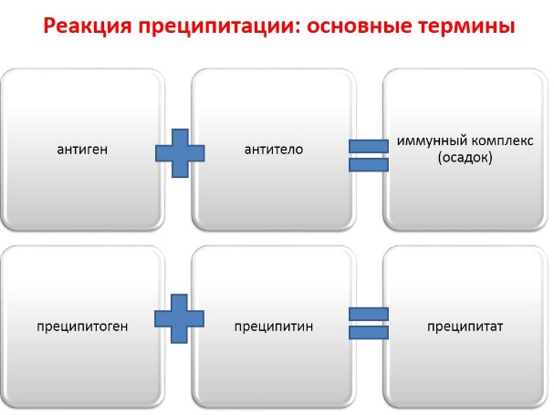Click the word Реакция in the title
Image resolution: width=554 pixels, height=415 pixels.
(x=88, y=26)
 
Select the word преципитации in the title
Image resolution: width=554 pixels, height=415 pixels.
(x=216, y=26)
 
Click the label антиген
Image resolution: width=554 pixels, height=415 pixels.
(x=82, y=150)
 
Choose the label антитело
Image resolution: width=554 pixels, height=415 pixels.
(x=274, y=150)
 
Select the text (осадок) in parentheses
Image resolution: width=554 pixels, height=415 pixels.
(x=465, y=158)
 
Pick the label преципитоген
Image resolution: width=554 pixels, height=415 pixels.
(x=82, y=327)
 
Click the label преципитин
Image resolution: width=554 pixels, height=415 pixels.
(x=274, y=327)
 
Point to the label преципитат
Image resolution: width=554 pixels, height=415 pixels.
(x=465, y=327)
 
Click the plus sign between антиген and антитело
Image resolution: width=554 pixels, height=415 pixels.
(x=180, y=153)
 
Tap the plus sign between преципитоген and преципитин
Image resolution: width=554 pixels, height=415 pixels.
(x=179, y=318)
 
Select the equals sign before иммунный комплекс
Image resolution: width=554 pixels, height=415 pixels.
(x=369, y=155)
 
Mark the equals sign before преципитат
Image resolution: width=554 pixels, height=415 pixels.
(x=369, y=323)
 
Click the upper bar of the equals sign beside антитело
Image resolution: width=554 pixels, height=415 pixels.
(x=369, y=146)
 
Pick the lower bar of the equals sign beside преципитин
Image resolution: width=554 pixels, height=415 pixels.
(x=369, y=332)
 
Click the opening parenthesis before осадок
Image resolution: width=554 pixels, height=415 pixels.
(x=440, y=158)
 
